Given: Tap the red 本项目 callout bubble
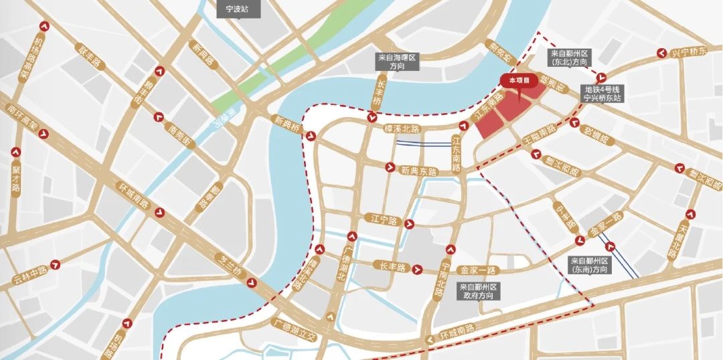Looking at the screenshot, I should [x=519, y=80].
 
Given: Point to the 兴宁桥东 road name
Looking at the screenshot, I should [x=689, y=52].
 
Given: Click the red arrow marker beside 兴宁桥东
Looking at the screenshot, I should [x=661, y=52].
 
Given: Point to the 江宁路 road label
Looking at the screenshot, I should [x=384, y=219].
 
